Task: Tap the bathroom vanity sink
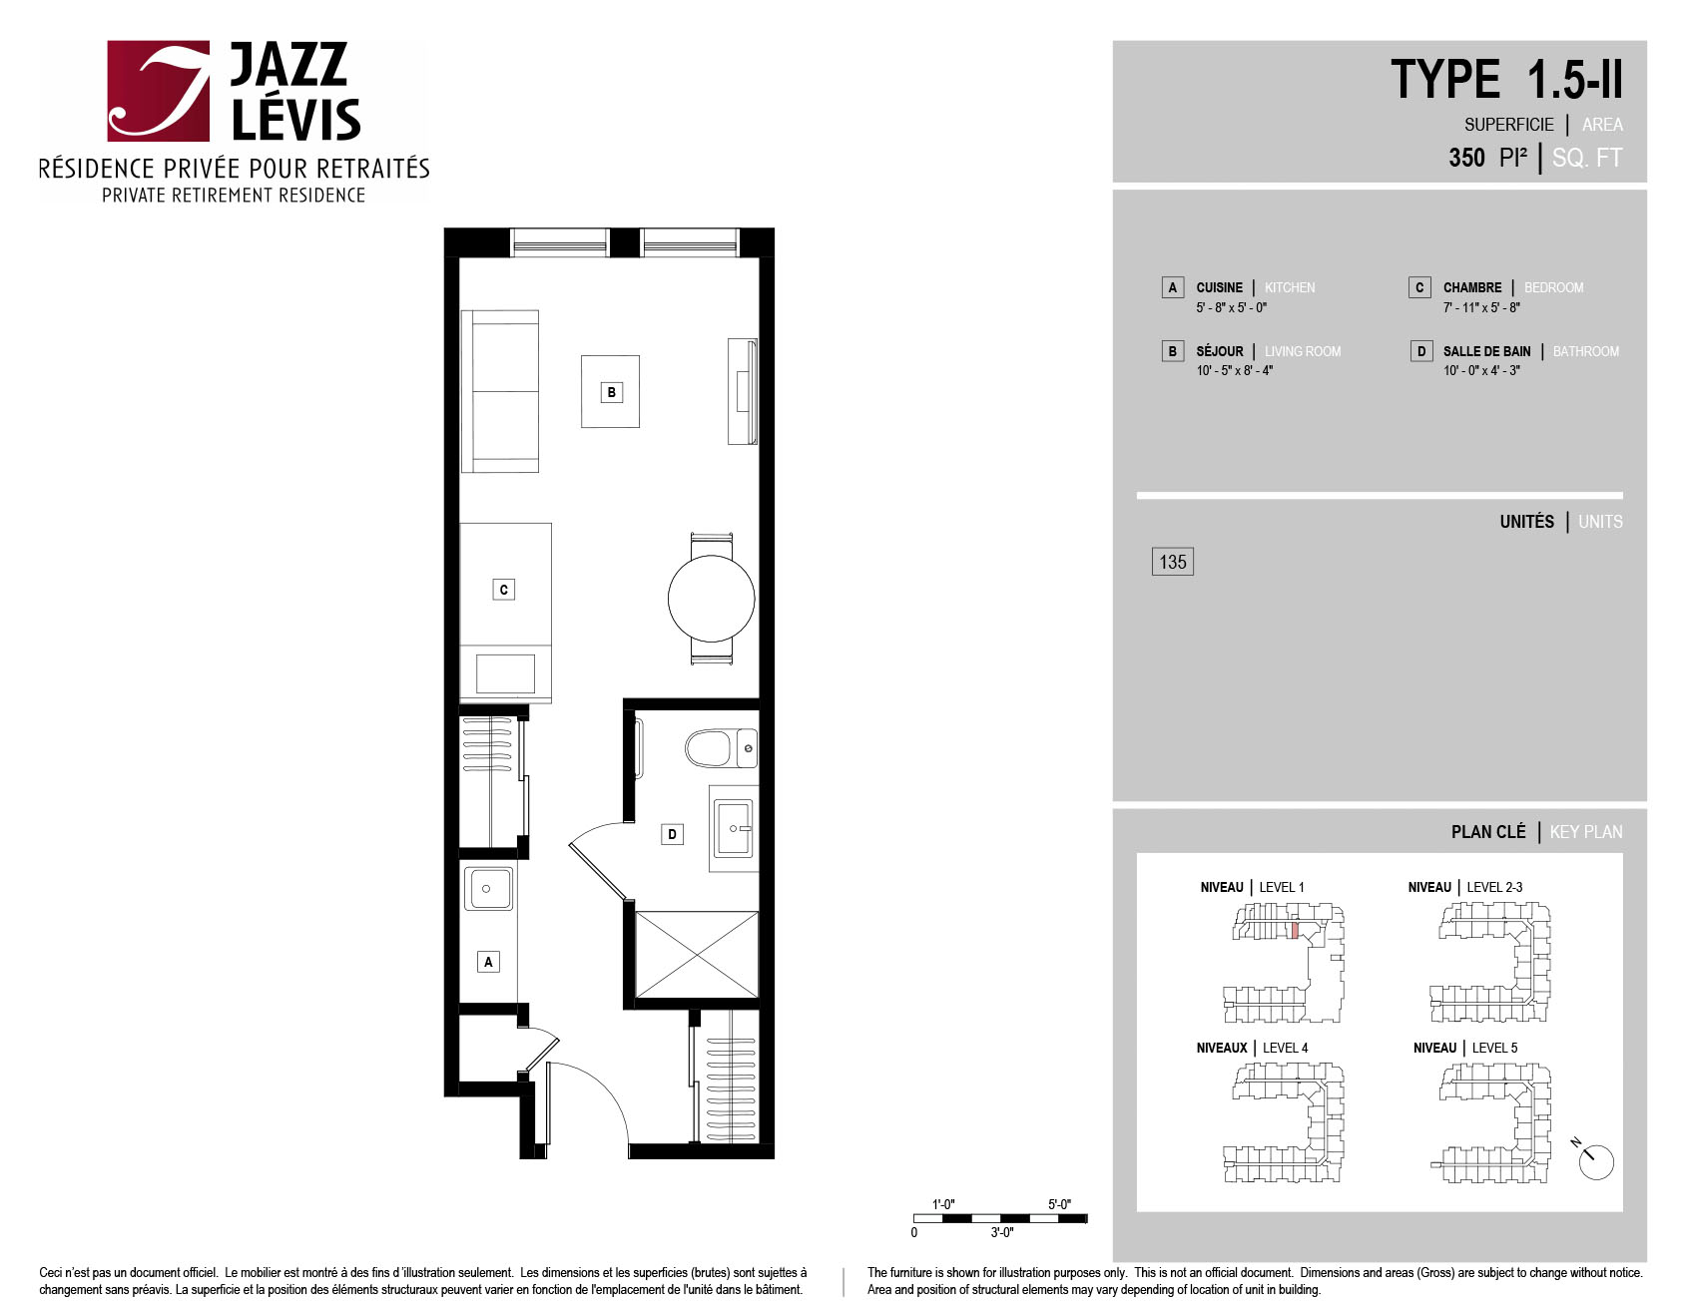pos(734,828)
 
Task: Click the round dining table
pos(711,599)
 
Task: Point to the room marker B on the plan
pos(612,392)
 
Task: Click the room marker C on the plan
pos(504,590)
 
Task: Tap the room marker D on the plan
pos(673,834)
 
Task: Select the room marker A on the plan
pos(488,962)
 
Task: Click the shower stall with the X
pos(697,955)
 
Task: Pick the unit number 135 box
pos(1173,562)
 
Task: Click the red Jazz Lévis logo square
pos(159,91)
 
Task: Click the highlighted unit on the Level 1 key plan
pos(1295,930)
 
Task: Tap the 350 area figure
pos(1466,158)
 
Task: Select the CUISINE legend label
pos(1219,287)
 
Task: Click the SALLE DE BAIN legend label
pos(1486,351)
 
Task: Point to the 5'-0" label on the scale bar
pos(1059,1204)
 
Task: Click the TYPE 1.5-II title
pos(1506,80)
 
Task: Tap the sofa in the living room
pos(500,391)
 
